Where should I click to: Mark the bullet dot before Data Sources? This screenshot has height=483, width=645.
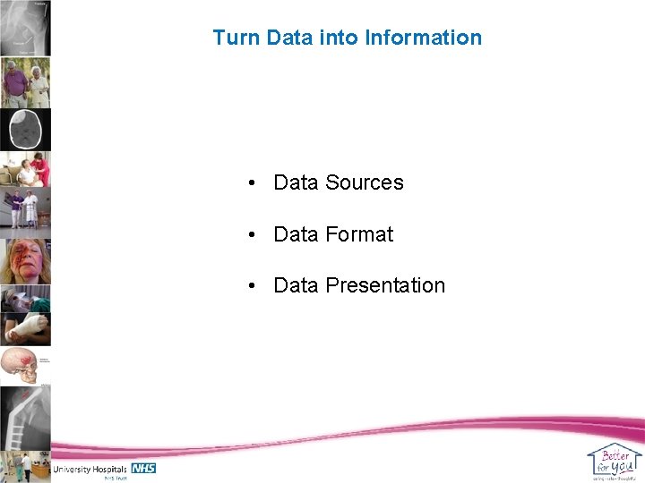coord(254,183)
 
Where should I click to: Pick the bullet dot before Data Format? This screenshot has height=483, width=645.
coord(254,235)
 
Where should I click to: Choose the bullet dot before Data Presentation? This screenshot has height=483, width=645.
coord(254,286)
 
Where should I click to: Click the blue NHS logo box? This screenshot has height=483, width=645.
coord(143,468)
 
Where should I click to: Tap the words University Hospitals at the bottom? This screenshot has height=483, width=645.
coord(90,469)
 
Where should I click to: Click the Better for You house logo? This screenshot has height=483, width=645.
coord(615,460)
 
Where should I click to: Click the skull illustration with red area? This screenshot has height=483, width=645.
coord(21,366)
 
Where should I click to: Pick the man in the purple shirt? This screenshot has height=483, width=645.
coord(14,84)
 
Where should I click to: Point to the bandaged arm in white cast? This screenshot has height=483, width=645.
coord(25,328)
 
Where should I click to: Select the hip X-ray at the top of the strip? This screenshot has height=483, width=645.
coord(25,28)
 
